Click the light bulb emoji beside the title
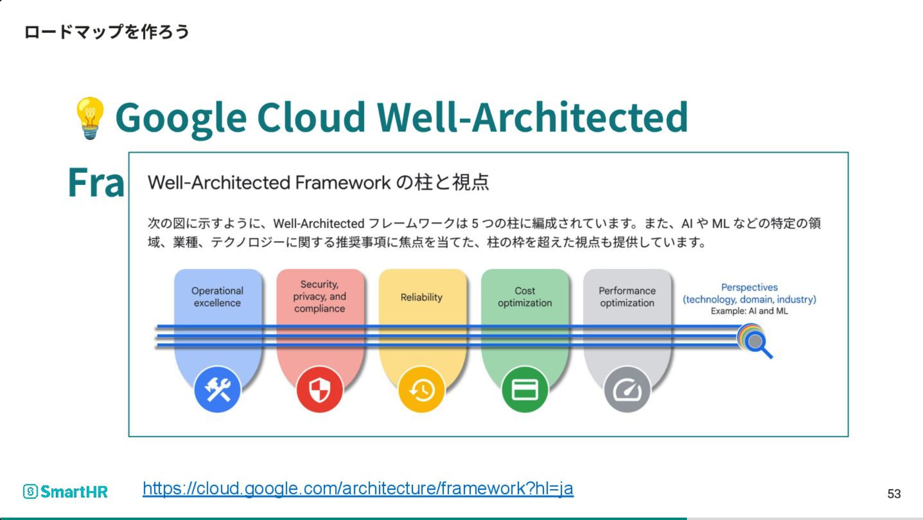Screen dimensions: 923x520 point(90,118)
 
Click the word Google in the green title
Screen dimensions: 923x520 point(181,118)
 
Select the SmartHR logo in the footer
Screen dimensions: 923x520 point(65,492)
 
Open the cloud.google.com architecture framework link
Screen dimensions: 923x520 point(358,488)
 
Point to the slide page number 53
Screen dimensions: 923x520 point(894,494)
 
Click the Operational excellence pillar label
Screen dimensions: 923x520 point(217,297)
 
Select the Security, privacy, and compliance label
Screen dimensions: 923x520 point(319,297)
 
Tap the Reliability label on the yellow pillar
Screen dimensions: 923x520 point(422,297)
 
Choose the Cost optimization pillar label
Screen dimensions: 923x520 point(525,297)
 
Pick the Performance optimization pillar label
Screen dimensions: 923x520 point(627,297)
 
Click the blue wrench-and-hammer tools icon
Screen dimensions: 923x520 point(217,390)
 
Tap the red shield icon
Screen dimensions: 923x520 point(319,390)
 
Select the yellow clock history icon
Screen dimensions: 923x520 point(422,390)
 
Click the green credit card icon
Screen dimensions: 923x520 point(525,390)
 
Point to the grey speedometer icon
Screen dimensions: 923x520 point(627,390)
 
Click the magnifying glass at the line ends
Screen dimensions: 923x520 point(755,341)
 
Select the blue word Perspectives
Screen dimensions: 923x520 point(749,287)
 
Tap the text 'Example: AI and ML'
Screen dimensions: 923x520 point(749,311)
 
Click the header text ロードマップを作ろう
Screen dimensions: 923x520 point(106,32)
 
